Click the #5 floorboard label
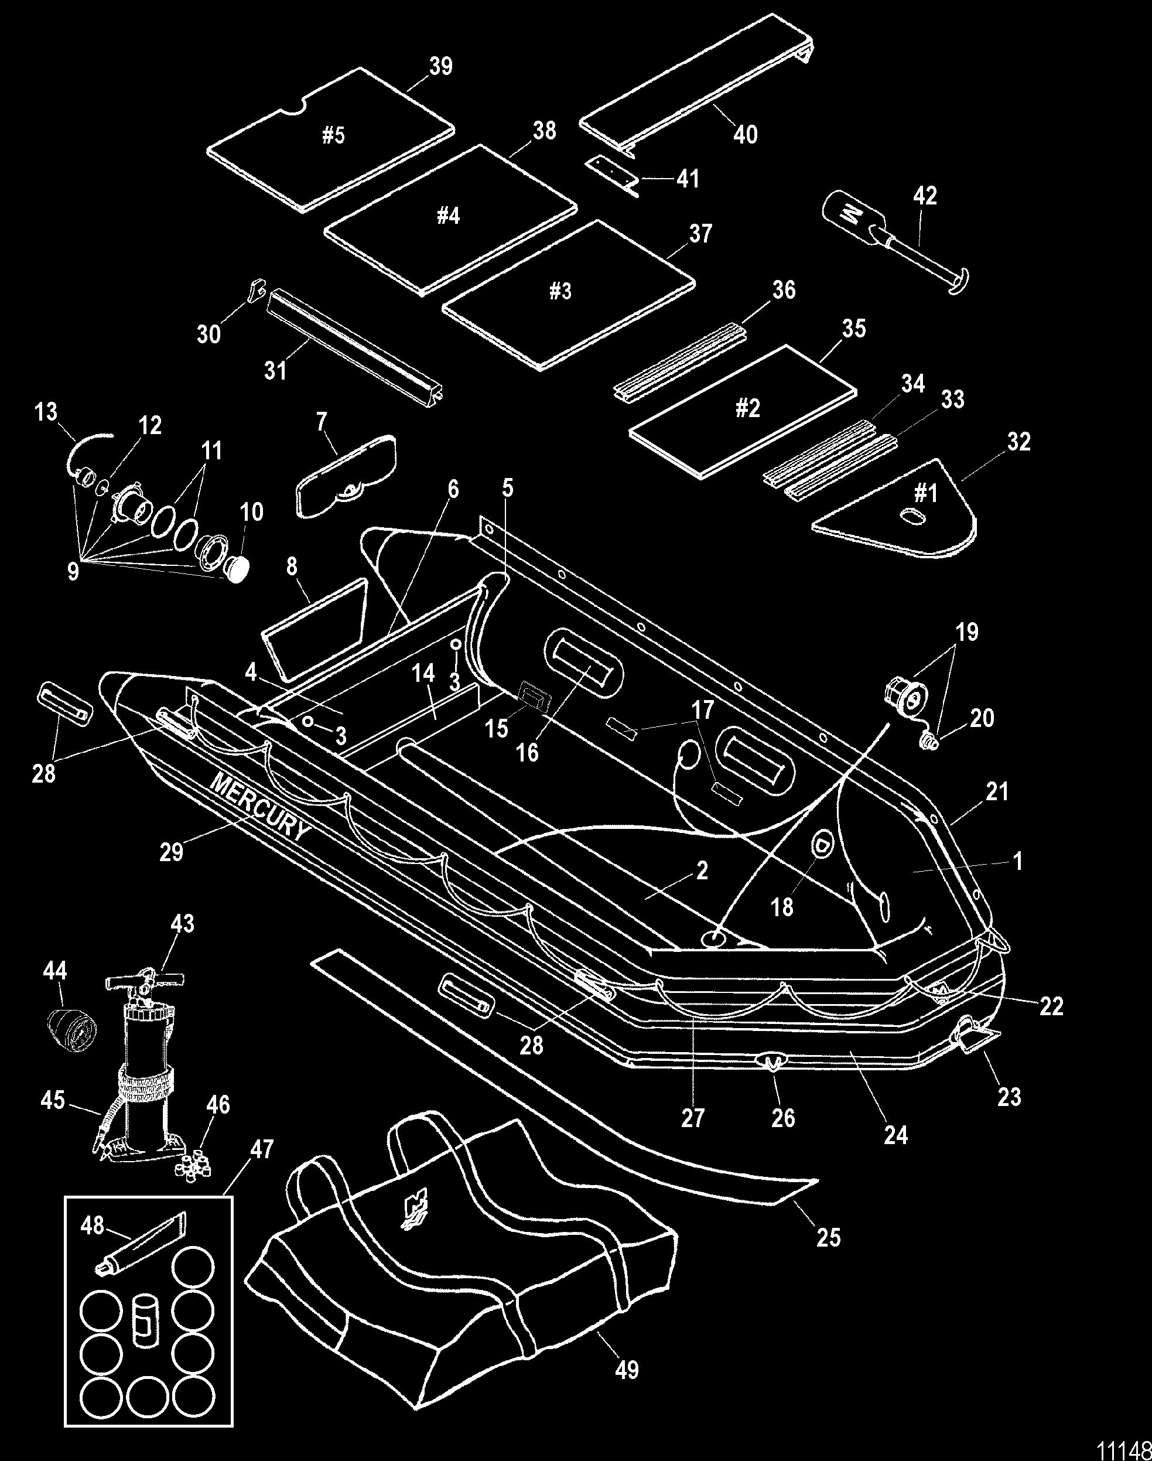pos(333,135)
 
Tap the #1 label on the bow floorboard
pos(925,494)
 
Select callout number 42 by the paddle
pos(925,196)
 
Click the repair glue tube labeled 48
pos(141,1240)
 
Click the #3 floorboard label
pos(560,291)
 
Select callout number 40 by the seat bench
pos(746,134)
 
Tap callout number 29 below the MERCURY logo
pos(172,852)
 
